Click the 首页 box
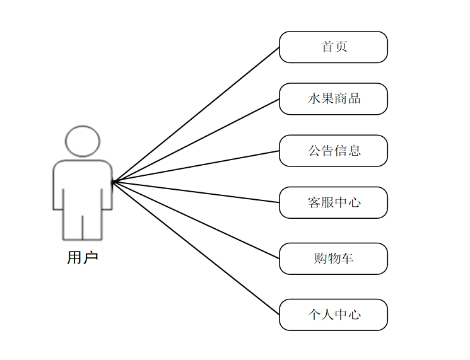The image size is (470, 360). point(333,47)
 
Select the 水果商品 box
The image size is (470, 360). point(333,99)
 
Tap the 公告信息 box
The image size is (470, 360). point(333,151)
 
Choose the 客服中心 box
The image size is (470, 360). point(333,202)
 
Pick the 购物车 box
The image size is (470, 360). point(333,258)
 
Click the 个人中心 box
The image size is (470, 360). point(333,315)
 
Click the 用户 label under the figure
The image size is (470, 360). point(83,257)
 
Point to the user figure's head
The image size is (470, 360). point(83,141)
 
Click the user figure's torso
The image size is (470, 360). point(83,186)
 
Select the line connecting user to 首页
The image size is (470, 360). point(196,115)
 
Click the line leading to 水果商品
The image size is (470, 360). point(196,141)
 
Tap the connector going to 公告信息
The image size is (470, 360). point(196,166)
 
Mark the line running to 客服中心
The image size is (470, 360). point(196,192)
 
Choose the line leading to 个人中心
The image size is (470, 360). point(196,248)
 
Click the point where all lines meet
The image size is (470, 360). point(112,182)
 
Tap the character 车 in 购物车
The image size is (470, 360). point(346,258)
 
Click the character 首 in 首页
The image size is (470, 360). point(327,47)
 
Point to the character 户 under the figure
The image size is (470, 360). point(90,257)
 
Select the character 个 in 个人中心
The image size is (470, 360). point(314,315)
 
